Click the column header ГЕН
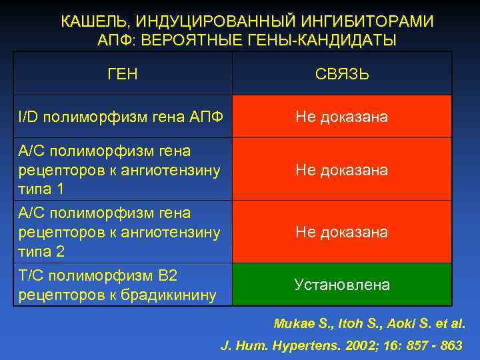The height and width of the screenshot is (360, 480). [123, 73]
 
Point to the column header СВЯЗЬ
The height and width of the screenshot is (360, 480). [342, 74]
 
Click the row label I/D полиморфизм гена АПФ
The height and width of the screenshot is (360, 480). [120, 117]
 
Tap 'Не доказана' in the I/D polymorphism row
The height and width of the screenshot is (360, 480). [342, 117]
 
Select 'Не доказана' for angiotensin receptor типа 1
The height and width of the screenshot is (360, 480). [342, 170]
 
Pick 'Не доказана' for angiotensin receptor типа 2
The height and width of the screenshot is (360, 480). [342, 232]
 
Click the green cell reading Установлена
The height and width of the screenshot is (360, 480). [342, 285]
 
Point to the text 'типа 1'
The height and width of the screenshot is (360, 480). [41, 189]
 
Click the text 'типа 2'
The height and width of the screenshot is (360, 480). [41, 252]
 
